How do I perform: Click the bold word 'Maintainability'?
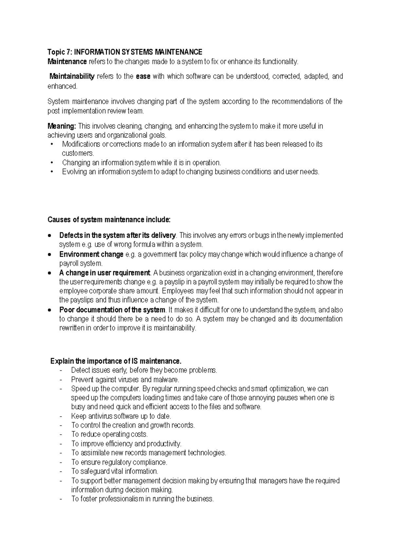tap(72, 77)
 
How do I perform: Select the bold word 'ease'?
tap(143, 77)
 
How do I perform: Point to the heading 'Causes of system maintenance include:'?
tap(109, 220)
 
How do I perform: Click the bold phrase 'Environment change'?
tap(91, 254)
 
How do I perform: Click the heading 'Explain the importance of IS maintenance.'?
tap(116, 361)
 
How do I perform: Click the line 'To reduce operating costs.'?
tap(109, 435)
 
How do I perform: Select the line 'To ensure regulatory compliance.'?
tap(119, 462)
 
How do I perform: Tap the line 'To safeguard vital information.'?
tap(115, 472)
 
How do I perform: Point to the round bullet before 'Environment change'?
tap(49, 255)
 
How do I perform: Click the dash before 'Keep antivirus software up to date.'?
tap(61, 417)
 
